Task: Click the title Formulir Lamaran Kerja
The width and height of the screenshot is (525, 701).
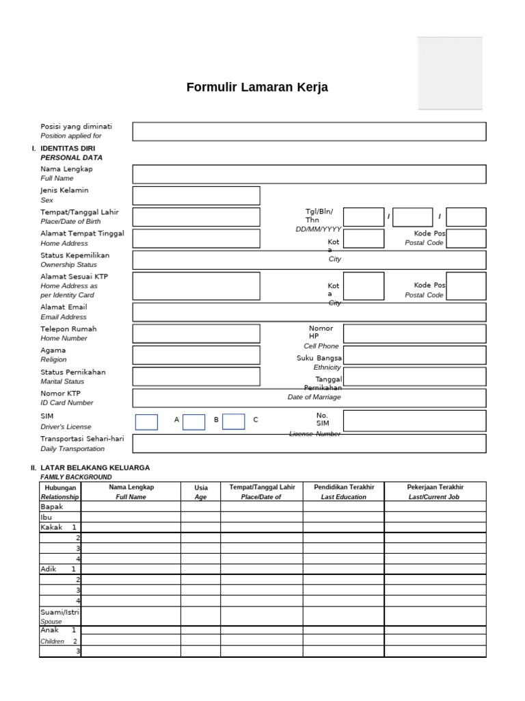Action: tap(257, 88)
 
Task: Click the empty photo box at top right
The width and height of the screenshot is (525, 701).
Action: tap(450, 73)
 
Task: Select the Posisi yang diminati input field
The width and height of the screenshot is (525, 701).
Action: tap(309, 131)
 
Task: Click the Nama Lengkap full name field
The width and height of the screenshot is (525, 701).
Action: tap(309, 174)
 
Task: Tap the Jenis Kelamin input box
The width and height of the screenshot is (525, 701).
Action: tap(196, 195)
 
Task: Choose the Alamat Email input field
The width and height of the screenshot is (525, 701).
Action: tap(309, 312)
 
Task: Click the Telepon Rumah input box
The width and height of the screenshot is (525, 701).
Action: tap(196, 333)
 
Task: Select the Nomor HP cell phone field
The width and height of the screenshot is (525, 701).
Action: tap(414, 333)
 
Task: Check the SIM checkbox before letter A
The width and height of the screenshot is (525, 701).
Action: tap(146, 422)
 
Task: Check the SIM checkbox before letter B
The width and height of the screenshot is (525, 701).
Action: tap(193, 422)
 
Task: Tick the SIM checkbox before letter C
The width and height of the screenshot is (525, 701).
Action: tap(233, 422)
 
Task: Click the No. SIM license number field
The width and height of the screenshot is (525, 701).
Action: tap(414, 421)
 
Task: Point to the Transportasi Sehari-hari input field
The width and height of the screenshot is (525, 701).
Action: tap(309, 444)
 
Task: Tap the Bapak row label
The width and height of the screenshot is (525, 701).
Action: tap(51, 507)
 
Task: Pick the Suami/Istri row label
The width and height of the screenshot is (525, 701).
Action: tap(59, 611)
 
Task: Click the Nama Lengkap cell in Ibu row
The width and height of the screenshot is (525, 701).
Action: tap(131, 518)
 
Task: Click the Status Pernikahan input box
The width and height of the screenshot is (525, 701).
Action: tap(196, 377)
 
